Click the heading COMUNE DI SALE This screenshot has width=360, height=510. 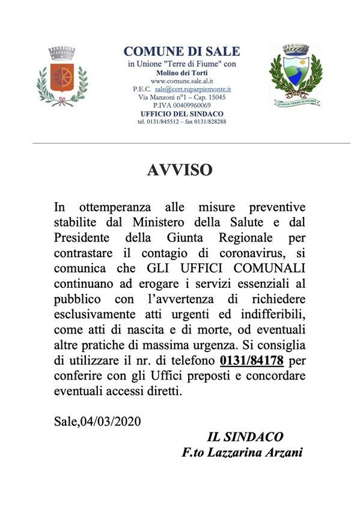tap(182, 52)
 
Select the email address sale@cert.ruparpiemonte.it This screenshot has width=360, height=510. tap(193, 88)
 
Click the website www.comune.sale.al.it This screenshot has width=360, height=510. tap(181, 80)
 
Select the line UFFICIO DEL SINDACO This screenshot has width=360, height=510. tap(182, 114)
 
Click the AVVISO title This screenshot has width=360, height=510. tap(180, 171)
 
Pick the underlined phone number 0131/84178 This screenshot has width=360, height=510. tap(252, 361)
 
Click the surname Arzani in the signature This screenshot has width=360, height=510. tap(282, 452)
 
